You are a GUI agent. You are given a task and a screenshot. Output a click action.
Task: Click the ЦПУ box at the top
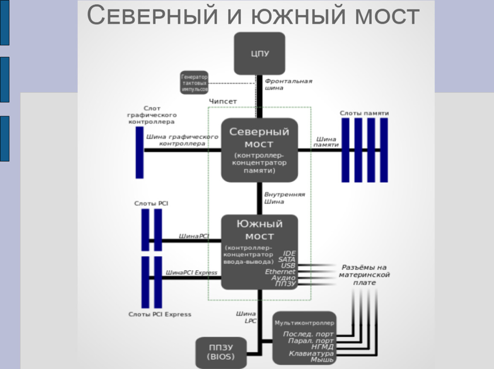pos(259,53)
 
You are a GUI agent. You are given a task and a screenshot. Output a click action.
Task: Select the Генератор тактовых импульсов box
pos(194,82)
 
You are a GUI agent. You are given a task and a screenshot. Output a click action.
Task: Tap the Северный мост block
pos(259,149)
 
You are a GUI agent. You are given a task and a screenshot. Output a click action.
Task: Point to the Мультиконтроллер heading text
pos(305,323)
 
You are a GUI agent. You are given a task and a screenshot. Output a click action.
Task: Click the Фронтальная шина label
pos(288,84)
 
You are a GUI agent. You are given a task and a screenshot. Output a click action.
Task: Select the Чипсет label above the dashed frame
pos(223,101)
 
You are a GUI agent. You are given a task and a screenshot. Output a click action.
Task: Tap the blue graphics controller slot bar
pos(139,152)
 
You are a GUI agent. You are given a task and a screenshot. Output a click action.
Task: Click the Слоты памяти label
pos(364,113)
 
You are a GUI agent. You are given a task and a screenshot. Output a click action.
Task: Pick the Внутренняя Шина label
pos(284,198)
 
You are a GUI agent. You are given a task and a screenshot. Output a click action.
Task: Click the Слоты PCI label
pos(151,204)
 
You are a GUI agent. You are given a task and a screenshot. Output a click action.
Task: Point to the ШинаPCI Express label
pos(191,272)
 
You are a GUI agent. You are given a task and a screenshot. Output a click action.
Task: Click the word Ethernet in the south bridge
pos(280,272)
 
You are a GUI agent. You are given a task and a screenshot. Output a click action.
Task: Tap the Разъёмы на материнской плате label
pos(364,275)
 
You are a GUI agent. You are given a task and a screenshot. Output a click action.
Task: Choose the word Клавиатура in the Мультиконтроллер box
pos(311,354)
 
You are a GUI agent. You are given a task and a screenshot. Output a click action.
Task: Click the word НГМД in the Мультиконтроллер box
pos(323,347)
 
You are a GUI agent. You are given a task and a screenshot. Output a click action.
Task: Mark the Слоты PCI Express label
pos(160,314)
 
